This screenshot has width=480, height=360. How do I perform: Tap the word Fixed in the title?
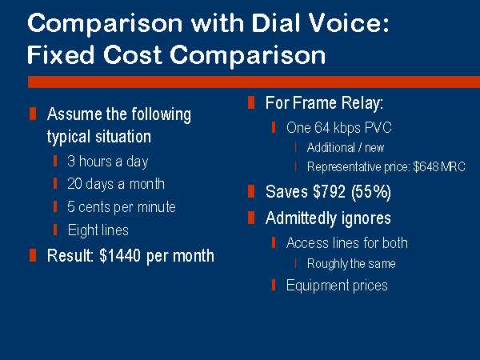(x=61, y=54)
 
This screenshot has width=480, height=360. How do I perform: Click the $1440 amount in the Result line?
(x=120, y=256)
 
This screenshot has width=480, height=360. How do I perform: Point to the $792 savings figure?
(x=330, y=191)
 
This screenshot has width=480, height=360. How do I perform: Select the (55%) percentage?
(x=371, y=192)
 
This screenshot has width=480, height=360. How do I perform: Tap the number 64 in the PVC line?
(x=322, y=128)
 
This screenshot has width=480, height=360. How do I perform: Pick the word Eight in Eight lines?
(x=78, y=230)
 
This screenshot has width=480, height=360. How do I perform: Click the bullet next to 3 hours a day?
(x=55, y=161)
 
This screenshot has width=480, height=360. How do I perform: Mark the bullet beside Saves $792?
(x=250, y=192)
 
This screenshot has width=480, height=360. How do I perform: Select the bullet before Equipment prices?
(x=274, y=285)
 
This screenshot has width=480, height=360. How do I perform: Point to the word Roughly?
(x=325, y=264)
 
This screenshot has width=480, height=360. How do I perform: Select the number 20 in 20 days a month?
(x=74, y=184)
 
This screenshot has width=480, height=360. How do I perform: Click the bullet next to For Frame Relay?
(x=251, y=103)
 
